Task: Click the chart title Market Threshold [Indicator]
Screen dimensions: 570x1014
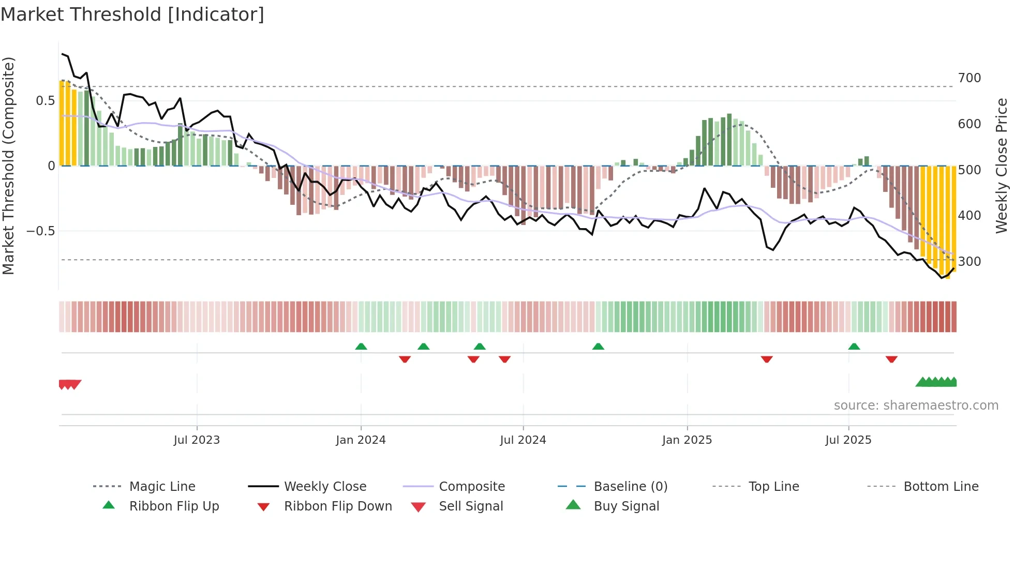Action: pyautogui.click(x=132, y=14)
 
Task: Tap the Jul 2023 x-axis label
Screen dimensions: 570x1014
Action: pyautogui.click(x=197, y=440)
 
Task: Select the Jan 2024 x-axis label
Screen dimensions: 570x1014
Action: pyautogui.click(x=361, y=440)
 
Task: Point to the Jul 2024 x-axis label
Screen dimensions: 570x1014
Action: pyautogui.click(x=523, y=440)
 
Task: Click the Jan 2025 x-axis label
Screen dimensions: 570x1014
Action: pyautogui.click(x=687, y=440)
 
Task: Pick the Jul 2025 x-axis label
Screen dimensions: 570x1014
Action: pyautogui.click(x=848, y=440)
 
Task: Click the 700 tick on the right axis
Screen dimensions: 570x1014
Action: pyautogui.click(x=969, y=78)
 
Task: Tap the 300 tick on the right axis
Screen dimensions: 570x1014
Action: pyautogui.click(x=969, y=262)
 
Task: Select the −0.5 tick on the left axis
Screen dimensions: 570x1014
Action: pyautogui.click(x=40, y=231)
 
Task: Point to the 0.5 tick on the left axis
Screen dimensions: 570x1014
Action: pyautogui.click(x=45, y=101)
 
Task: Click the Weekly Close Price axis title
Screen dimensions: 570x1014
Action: pyautogui.click(x=1002, y=166)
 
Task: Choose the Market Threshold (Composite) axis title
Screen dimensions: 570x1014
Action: pyautogui.click(x=9, y=166)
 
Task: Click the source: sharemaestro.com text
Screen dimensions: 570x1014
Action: pyautogui.click(x=916, y=406)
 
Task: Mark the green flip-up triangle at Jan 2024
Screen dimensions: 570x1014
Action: pyautogui.click(x=361, y=347)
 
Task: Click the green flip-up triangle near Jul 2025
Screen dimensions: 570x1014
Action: pyautogui.click(x=854, y=347)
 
